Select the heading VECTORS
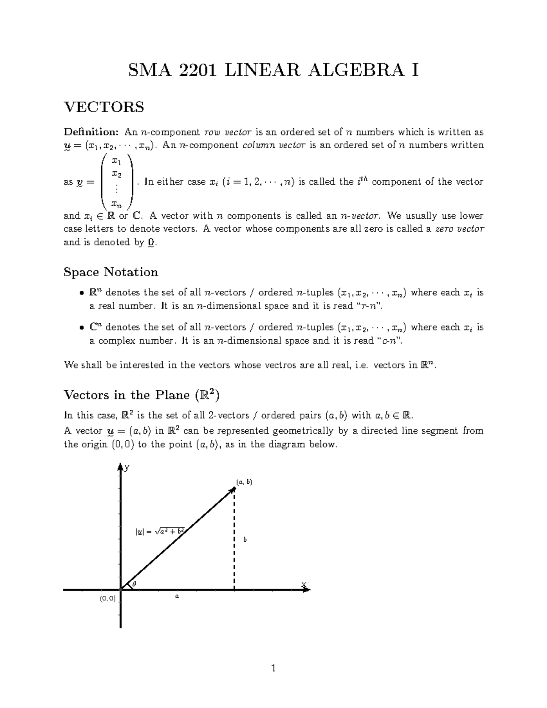pos(104,107)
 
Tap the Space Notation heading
pos(111,272)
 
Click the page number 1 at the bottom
pos(273,669)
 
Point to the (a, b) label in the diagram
pos(244,482)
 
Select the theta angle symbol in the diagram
pos(134,584)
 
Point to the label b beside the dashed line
pos(245,540)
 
